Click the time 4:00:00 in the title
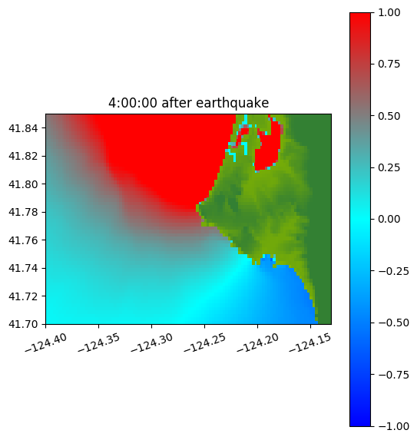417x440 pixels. click(x=133, y=103)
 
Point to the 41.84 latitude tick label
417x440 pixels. click(x=23, y=128)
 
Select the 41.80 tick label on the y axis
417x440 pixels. click(x=23, y=184)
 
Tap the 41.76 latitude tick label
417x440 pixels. click(x=23, y=240)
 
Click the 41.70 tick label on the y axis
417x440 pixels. click(x=23, y=324)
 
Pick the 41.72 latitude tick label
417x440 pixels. click(x=23, y=296)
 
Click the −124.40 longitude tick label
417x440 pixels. click(x=46, y=342)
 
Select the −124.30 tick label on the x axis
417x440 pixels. click(x=152, y=342)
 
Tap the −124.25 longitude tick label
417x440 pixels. click(x=205, y=342)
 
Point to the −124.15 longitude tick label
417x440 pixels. click(x=311, y=342)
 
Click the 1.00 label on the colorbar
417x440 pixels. click(x=389, y=12)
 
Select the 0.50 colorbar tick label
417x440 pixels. click(x=389, y=116)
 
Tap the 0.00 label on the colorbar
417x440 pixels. click(x=389, y=219)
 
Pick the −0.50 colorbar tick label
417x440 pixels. click(x=393, y=323)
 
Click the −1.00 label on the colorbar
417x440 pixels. click(x=393, y=426)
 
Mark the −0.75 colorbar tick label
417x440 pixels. click(x=393, y=375)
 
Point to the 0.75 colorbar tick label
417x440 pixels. click(x=389, y=65)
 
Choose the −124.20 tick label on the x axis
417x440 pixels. click(x=258, y=342)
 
